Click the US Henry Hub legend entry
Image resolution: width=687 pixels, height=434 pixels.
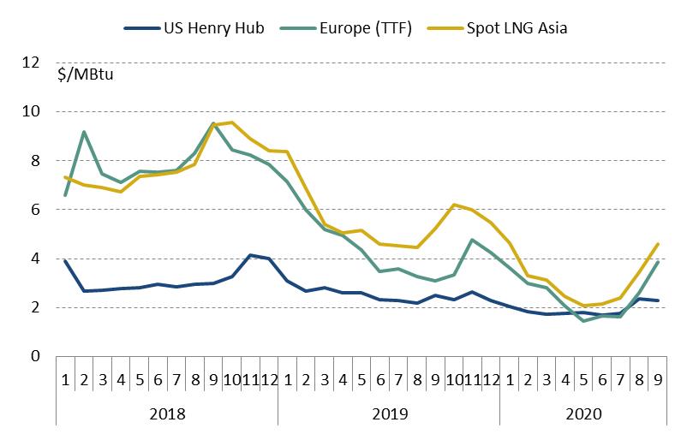(x=205, y=27)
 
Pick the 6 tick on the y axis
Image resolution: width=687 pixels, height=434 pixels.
(x=34, y=210)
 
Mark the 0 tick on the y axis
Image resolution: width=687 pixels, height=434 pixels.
(x=34, y=356)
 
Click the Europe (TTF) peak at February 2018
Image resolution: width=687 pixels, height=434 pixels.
(x=84, y=132)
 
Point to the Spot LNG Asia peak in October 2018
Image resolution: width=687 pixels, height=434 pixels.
(x=231, y=122)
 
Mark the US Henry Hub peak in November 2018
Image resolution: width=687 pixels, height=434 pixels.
(x=249, y=255)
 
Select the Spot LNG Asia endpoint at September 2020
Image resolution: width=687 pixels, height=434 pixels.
(x=657, y=244)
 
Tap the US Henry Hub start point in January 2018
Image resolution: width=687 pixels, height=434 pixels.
(x=65, y=261)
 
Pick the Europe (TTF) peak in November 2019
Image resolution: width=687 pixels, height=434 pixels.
(x=472, y=240)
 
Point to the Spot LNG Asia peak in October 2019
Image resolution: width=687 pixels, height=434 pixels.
(x=453, y=205)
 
